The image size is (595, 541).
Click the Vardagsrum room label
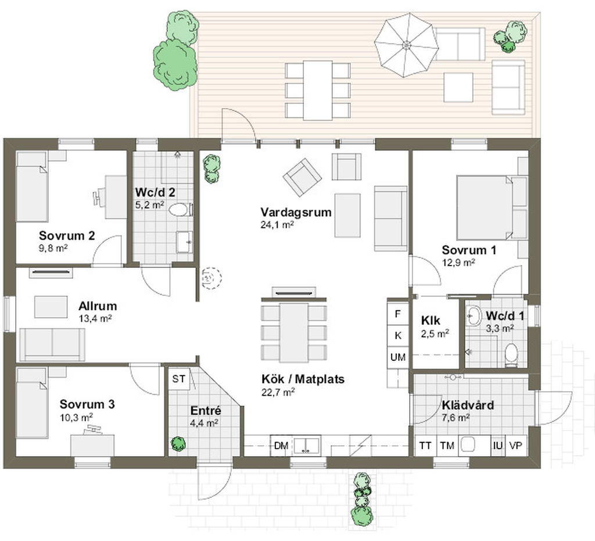click(x=296, y=212)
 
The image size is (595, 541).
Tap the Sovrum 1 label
click(x=468, y=250)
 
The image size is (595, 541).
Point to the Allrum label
click(x=98, y=306)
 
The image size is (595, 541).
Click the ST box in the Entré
click(x=179, y=379)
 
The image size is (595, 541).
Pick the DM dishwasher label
click(x=281, y=446)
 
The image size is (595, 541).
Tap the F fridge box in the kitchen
click(x=398, y=314)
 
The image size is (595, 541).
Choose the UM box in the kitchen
click(x=398, y=357)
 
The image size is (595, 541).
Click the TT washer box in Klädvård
click(x=425, y=446)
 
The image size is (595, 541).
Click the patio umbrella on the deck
click(x=406, y=44)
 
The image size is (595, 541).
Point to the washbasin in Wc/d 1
click(x=474, y=317)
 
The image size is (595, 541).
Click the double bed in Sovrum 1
click(x=485, y=207)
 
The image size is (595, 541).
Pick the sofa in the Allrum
click(x=52, y=343)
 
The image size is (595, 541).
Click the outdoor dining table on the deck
click(x=318, y=89)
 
